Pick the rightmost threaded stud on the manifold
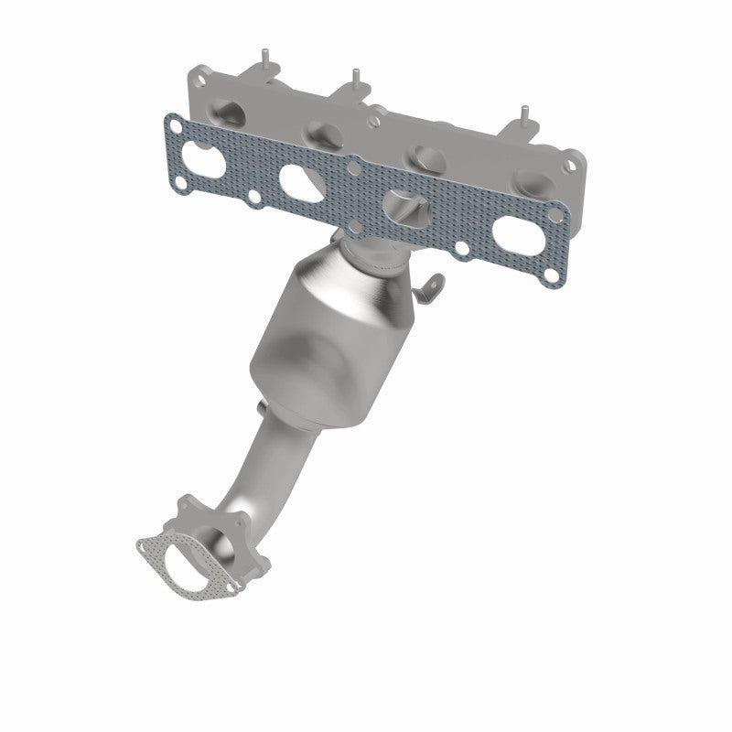(x=525, y=114)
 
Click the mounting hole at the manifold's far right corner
(x=569, y=166)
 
